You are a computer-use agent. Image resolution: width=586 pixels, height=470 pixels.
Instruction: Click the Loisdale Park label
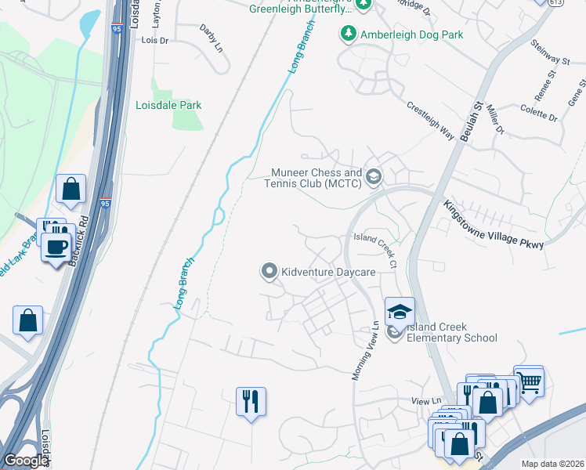click(168, 105)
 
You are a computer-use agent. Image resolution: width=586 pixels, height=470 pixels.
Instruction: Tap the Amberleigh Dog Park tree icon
click(348, 34)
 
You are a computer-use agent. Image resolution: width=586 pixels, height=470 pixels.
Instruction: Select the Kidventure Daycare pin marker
click(269, 272)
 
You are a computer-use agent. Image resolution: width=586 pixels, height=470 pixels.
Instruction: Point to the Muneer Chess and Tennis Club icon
click(373, 177)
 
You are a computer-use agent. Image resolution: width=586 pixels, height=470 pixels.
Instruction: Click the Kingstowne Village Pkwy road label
click(494, 224)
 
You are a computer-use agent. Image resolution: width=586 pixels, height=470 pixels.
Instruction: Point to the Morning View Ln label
click(365, 352)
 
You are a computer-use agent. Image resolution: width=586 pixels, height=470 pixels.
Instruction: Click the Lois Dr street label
click(154, 39)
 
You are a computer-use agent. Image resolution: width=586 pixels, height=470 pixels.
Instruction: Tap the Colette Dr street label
click(538, 114)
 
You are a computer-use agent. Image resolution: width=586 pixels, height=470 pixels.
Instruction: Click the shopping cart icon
click(529, 381)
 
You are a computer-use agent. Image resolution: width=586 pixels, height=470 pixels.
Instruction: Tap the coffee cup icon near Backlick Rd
click(56, 247)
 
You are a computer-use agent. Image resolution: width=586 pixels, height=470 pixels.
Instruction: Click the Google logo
click(26, 461)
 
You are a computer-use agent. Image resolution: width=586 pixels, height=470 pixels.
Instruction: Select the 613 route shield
click(577, 2)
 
